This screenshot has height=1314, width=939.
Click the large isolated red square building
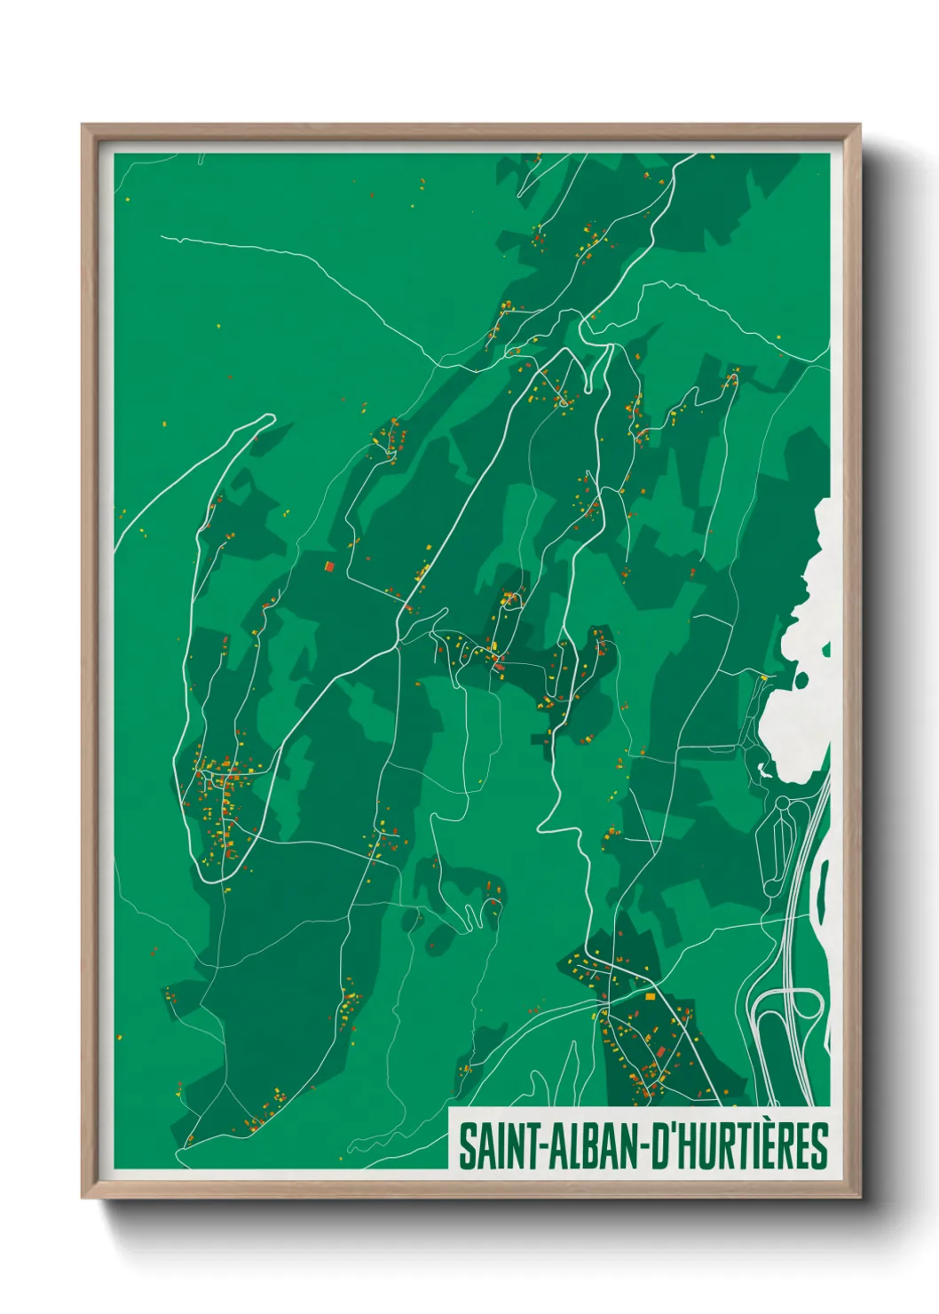[x=329, y=566]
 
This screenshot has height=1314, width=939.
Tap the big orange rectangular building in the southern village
[x=650, y=996]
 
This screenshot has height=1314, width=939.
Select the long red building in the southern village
[x=660, y=1053]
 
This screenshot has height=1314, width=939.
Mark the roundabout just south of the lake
[x=782, y=803]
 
